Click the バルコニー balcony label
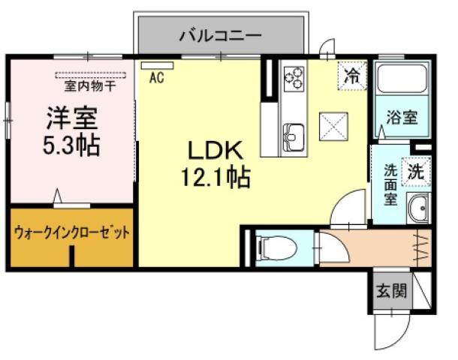tap(219, 35)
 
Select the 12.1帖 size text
tap(213, 178)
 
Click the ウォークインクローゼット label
tap(71, 232)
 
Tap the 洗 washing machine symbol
tap(415, 171)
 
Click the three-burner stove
tap(294, 76)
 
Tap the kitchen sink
tap(294, 138)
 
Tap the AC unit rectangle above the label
tap(156, 65)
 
